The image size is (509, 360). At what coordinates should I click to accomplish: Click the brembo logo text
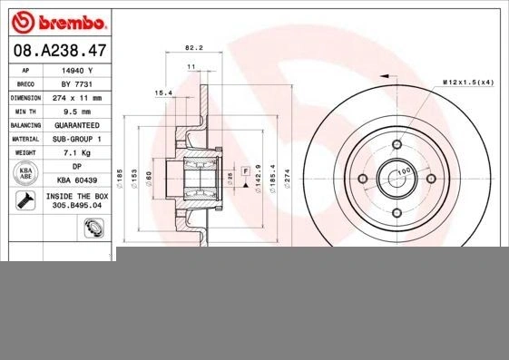pos(73,23)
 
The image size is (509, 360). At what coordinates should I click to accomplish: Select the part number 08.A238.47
pos(60,51)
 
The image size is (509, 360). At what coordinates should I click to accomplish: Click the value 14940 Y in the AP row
pos(77,71)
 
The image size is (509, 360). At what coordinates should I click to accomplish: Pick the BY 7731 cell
pos(77,84)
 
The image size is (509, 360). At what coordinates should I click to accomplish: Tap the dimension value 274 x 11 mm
pos(77,98)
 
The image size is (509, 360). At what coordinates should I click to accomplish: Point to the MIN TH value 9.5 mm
pos(77,112)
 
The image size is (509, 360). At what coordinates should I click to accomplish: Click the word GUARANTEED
pos(77,125)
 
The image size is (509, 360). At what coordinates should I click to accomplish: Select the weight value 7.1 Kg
pos(77,152)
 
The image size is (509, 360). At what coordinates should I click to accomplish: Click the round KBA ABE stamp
pos(25,173)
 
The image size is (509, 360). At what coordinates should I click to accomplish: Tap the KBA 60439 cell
pos(77,180)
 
